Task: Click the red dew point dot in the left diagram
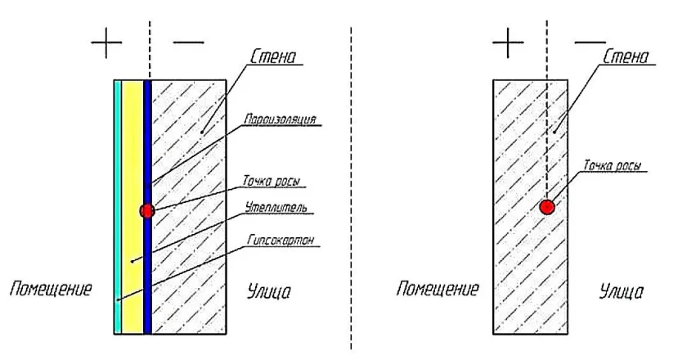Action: pos(147,211)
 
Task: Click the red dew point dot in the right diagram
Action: pos(547,207)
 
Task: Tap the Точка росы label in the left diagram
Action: pos(276,179)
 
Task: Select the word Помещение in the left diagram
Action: pos(50,289)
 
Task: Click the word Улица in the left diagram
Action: pos(269,290)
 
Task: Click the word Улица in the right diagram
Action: pos(621,290)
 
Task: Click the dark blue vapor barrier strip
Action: pos(148,270)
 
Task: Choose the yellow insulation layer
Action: pos(132,164)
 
